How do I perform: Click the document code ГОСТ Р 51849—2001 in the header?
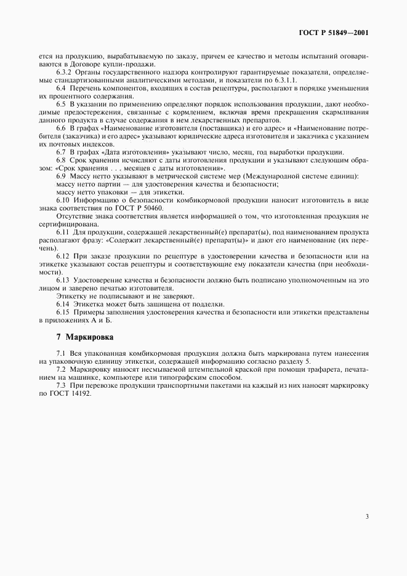click(x=334, y=32)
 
